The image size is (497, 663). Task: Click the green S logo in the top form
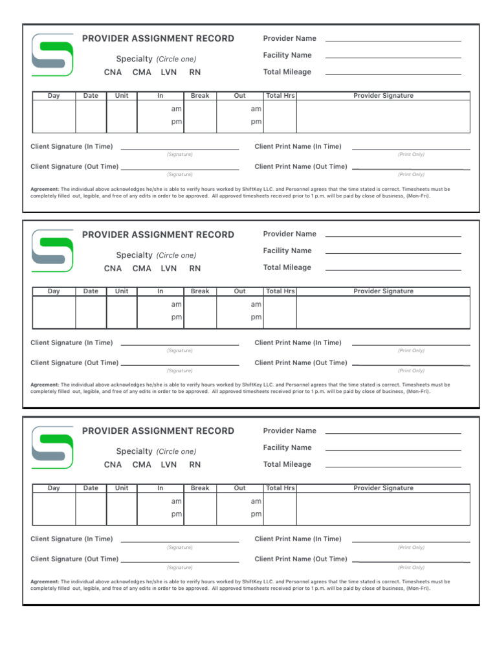pos(52,55)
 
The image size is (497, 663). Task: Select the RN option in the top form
pos(195,73)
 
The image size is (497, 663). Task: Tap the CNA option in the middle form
pos(113,269)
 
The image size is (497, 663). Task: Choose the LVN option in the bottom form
pos(169,465)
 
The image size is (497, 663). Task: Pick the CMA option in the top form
pos(142,73)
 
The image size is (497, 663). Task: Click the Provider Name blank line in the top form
pos(393,40)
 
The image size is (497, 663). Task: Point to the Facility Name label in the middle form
pos(287,251)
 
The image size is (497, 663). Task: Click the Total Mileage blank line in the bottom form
pos(393,466)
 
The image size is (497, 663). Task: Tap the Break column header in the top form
pos(200,96)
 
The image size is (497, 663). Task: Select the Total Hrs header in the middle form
pos(280,291)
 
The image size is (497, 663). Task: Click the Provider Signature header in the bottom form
pos(383,488)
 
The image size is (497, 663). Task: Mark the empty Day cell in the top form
pos(54,117)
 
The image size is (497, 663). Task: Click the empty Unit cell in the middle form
pos(122,312)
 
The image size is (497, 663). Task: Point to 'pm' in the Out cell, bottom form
pos(256,514)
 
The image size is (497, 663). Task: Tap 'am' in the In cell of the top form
pos(176,109)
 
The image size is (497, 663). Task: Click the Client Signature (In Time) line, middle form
pos(180,345)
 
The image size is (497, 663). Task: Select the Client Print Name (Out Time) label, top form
pos(301,166)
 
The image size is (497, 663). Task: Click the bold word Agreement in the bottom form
pos(45,581)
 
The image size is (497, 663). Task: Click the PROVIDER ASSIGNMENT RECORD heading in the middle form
pos(158,235)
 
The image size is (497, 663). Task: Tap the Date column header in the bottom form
pos(91,488)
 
